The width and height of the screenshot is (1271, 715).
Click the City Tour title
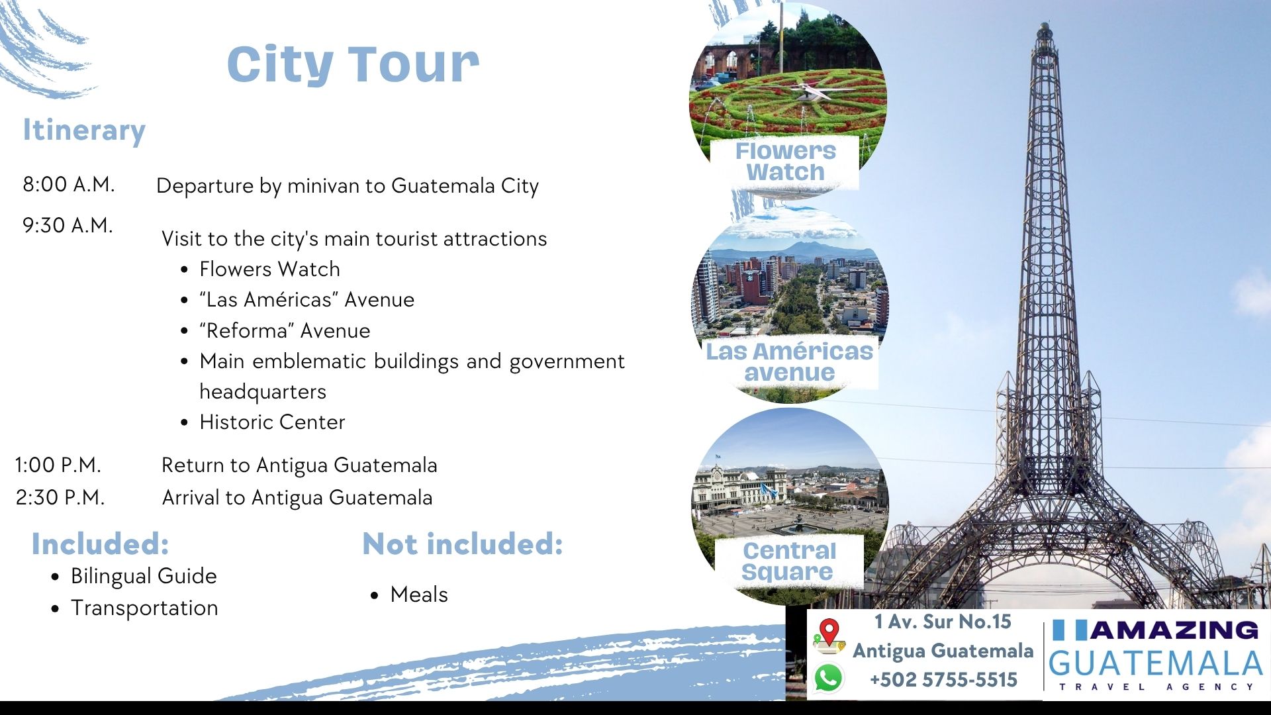[x=353, y=65]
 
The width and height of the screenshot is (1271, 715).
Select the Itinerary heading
[x=84, y=130]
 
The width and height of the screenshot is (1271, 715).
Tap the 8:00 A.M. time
[x=69, y=184]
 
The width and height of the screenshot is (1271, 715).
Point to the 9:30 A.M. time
[x=68, y=225]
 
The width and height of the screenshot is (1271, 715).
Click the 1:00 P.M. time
[x=58, y=465]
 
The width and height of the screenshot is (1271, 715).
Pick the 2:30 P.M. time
[x=60, y=497]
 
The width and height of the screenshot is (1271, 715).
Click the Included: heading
[x=101, y=544]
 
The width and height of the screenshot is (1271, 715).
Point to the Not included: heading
[x=463, y=544]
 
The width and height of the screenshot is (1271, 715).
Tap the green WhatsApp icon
[x=829, y=678]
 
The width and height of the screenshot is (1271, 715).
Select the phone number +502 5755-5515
[x=943, y=680]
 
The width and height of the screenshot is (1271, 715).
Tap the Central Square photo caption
[x=788, y=561]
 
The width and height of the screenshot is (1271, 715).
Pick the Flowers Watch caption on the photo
[x=786, y=162]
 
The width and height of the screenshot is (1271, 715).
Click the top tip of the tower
[x=1044, y=24]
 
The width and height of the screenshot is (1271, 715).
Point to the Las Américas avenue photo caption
[x=790, y=361]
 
